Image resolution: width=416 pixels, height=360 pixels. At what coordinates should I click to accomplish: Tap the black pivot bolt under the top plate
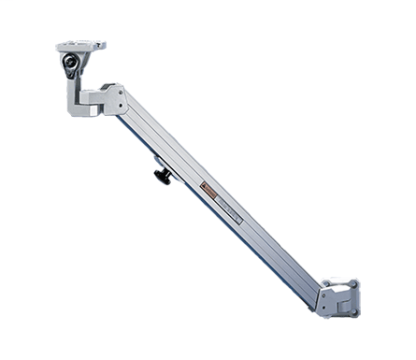point(70,62)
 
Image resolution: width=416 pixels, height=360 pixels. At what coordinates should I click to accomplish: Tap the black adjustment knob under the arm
point(163,175)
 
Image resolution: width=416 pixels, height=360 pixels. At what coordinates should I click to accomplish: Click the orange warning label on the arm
point(210,191)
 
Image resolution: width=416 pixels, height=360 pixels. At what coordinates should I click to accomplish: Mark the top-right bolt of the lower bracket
point(353,282)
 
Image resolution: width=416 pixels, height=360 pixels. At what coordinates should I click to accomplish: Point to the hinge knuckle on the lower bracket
point(342,303)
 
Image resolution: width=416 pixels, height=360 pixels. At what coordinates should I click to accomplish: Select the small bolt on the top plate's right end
point(99,44)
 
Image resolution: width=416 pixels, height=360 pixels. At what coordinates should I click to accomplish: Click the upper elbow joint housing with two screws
point(113,99)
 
